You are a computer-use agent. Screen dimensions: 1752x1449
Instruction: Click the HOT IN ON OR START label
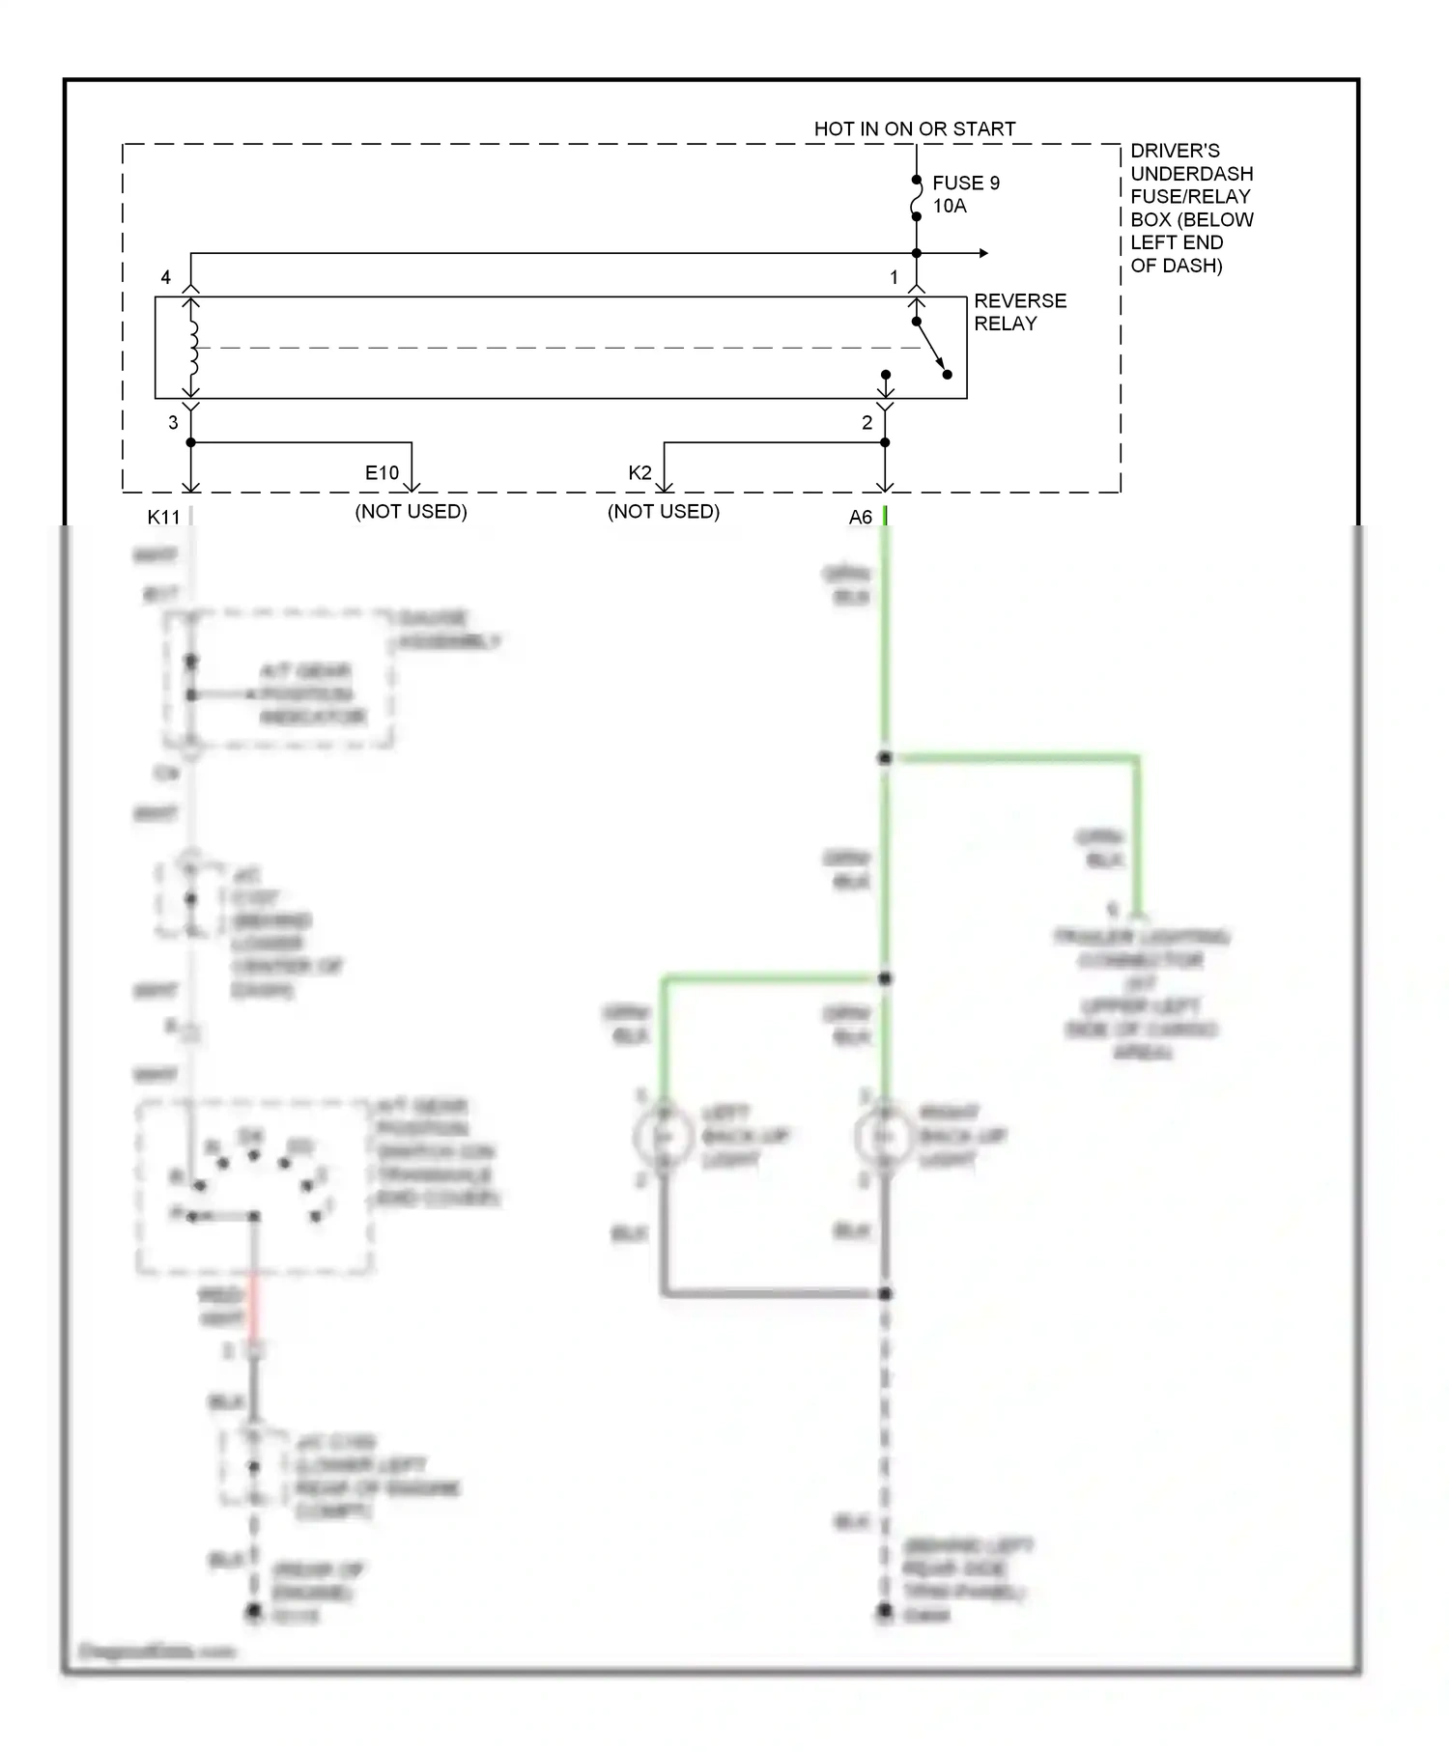tap(914, 128)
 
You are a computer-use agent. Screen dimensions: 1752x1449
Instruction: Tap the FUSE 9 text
tap(965, 183)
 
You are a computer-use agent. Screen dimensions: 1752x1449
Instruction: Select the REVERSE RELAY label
tap(1019, 312)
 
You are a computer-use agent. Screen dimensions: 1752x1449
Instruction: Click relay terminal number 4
tap(166, 277)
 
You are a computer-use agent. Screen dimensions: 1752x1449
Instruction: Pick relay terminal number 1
tap(894, 277)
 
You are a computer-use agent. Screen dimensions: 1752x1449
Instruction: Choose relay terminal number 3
tap(173, 422)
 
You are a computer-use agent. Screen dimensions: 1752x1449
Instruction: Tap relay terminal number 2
tap(867, 422)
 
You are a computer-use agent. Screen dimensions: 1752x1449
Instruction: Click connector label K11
tap(163, 517)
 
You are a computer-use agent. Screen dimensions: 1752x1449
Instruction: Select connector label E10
tap(382, 472)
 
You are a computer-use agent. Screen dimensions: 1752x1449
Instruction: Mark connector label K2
tap(639, 472)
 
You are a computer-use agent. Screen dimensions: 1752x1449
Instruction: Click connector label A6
tap(860, 517)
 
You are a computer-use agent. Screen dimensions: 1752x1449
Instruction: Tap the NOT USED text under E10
tap(411, 511)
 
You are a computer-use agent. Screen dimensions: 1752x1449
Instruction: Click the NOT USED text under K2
tap(663, 511)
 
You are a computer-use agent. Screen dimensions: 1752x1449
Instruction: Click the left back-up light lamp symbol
tap(664, 1138)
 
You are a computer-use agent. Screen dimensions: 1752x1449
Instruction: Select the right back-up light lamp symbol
tap(884, 1138)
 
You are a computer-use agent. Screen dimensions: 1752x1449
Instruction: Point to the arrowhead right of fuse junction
tap(983, 253)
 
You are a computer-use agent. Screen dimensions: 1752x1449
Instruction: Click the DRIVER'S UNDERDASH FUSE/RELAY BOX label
tap(1191, 208)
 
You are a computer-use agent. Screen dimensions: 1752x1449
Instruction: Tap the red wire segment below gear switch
tap(254, 1304)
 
